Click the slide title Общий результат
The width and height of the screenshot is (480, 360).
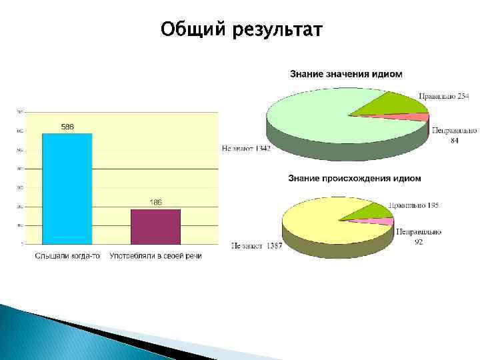[x=241, y=30]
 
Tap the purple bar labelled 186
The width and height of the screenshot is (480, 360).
[x=155, y=227]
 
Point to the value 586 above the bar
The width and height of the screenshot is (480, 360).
[x=67, y=127]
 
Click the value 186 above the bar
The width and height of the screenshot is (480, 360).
[x=155, y=202]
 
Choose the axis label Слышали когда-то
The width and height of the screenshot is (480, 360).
[x=67, y=255]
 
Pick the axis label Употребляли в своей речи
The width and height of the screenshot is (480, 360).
[x=155, y=255]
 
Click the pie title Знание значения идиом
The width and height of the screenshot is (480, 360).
[x=346, y=73]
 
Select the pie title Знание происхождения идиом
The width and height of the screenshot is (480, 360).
[x=354, y=178]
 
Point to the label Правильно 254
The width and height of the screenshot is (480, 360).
[x=444, y=97]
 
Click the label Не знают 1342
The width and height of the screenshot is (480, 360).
[x=246, y=149]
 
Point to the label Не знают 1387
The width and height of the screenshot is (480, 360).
[x=257, y=246]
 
